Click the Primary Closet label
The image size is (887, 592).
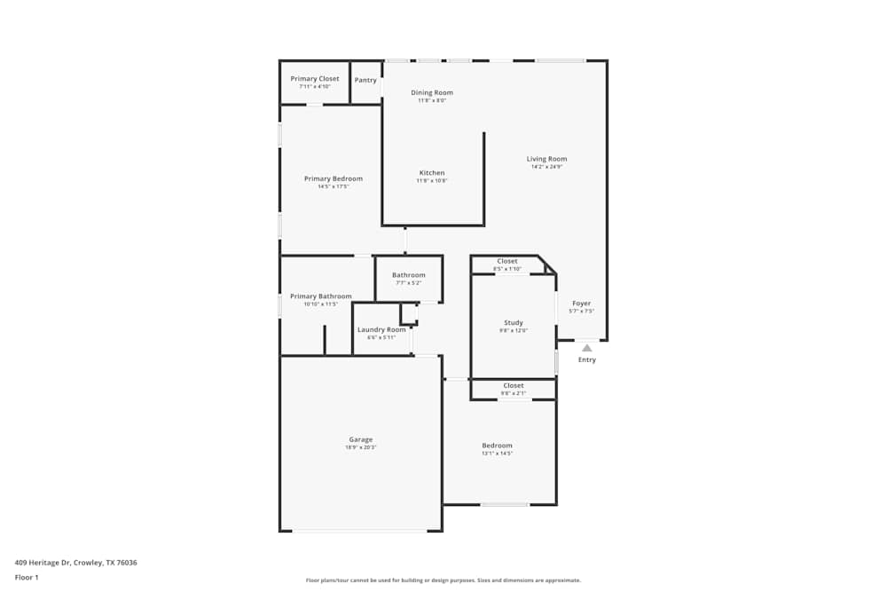[315, 79]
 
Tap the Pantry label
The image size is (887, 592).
[365, 80]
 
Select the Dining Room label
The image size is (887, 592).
[432, 92]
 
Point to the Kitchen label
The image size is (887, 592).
[432, 173]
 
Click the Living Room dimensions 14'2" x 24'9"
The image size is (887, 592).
[546, 167]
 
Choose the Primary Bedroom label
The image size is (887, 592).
[334, 178]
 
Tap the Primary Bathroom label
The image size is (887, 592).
[321, 296]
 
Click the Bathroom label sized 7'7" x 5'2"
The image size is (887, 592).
[409, 275]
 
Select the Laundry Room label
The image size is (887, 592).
[381, 329]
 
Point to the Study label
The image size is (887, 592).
[514, 323]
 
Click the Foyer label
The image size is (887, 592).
[581, 304]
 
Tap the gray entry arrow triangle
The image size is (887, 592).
[586, 349]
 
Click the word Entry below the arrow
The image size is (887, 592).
[587, 359]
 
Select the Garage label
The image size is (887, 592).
[361, 439]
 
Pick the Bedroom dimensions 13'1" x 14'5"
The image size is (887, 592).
[497, 454]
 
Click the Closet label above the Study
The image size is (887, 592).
[507, 261]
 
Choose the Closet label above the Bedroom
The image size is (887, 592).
[514, 385]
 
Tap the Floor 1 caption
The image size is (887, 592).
[27, 577]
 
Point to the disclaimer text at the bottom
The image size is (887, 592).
[443, 580]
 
